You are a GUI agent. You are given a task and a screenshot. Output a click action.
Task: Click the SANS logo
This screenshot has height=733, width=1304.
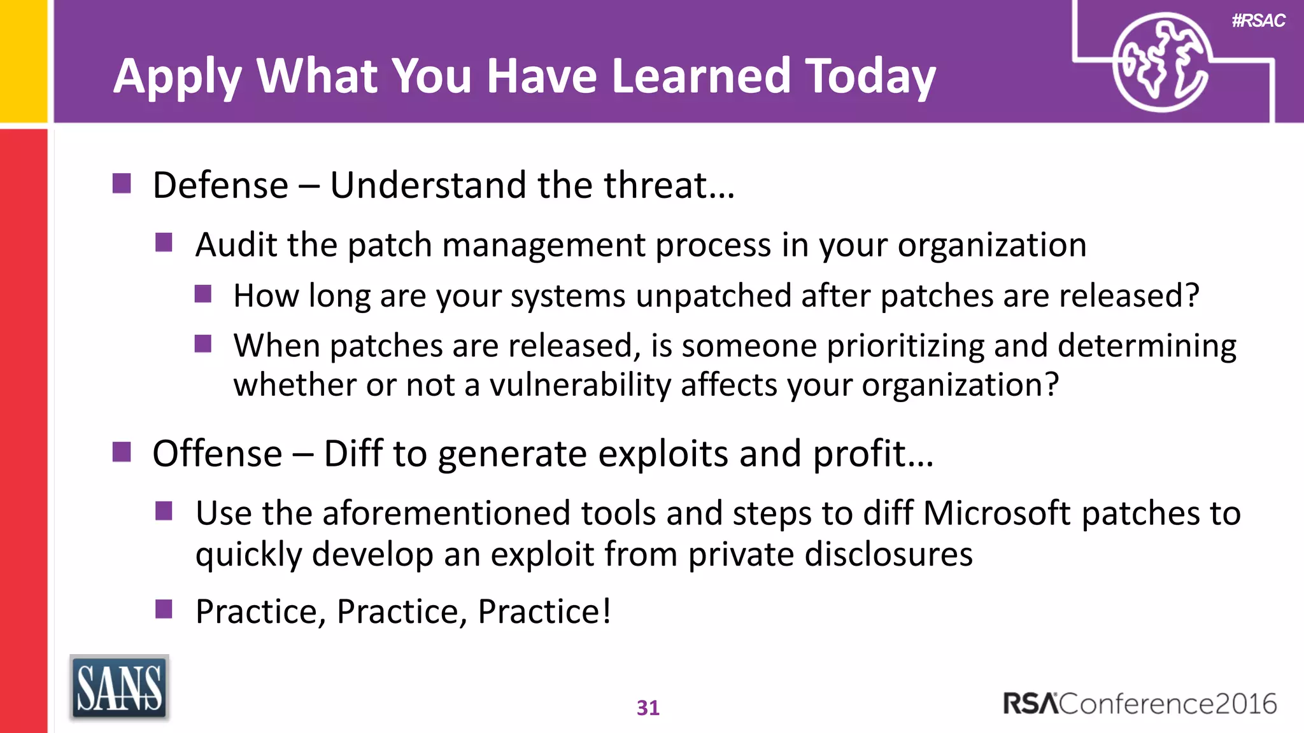(x=119, y=688)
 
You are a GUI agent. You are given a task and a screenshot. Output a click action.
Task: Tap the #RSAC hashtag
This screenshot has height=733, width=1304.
(x=1258, y=21)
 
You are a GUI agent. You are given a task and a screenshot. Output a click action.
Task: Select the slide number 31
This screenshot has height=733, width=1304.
(x=648, y=708)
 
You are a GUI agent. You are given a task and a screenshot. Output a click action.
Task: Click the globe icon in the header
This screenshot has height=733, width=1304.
(x=1160, y=62)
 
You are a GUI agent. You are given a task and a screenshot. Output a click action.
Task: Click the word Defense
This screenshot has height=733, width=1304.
(x=220, y=185)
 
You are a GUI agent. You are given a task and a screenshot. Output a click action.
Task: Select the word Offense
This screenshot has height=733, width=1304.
(x=217, y=454)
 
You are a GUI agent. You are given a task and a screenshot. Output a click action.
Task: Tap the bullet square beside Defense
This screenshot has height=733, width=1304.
(x=122, y=183)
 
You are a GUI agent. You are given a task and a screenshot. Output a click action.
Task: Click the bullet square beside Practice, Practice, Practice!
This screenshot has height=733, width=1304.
(x=164, y=609)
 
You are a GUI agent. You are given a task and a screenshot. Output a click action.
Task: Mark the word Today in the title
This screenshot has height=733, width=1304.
(x=870, y=76)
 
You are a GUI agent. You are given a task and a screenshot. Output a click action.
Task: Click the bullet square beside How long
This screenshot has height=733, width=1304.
(x=203, y=294)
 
